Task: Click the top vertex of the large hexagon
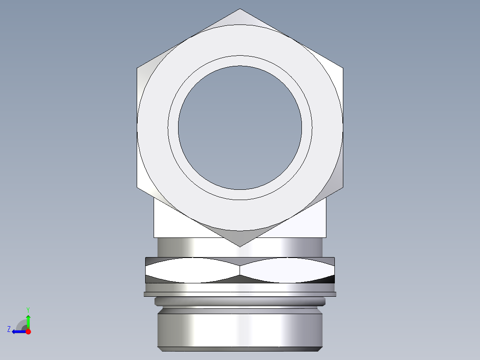(240, 9)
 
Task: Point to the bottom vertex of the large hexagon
(240, 246)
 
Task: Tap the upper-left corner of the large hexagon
(137, 68)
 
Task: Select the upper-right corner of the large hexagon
(342, 68)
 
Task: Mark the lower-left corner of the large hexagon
(137, 187)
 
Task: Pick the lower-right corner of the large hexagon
(342, 187)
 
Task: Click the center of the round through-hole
(240, 127)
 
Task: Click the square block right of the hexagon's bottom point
(307, 223)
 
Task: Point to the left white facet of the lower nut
(191, 270)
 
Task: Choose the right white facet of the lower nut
(287, 270)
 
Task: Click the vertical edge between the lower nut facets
(240, 270)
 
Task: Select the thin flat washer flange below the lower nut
(240, 294)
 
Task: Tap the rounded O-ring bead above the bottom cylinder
(240, 302)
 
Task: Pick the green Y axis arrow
(28, 319)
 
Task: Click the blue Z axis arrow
(18, 331)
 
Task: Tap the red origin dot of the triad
(28, 331)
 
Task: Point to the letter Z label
(9, 329)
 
